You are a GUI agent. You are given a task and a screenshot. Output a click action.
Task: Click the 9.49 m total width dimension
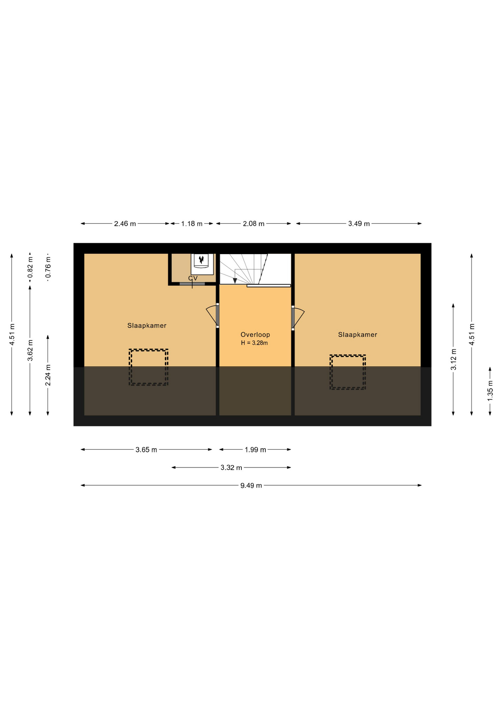pos(251,485)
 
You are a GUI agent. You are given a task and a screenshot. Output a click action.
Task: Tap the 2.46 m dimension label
pos(125,223)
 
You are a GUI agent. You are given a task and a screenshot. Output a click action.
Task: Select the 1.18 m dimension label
pos(191,223)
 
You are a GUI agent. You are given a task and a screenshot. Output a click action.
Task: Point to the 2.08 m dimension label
pos(254,223)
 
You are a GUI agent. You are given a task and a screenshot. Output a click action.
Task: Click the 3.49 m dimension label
pos(359,223)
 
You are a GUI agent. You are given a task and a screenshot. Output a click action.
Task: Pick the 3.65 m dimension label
pos(146,449)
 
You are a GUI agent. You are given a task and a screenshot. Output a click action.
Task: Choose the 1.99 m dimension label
pos(255,449)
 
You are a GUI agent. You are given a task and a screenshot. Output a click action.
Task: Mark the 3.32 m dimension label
pos(231,467)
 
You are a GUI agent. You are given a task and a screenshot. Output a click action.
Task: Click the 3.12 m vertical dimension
pos(454,359)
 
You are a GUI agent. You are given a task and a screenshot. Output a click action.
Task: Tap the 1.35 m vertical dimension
pos(490,391)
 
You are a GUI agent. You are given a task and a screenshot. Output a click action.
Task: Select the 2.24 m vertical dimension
pos(48,375)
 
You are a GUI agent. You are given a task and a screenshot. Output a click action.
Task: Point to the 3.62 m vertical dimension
pos(30,350)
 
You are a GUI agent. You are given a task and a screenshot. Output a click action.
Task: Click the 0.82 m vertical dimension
pos(30,267)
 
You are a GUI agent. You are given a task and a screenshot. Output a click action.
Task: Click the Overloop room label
pos(255,335)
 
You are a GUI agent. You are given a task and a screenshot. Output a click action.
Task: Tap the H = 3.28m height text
pos(254,343)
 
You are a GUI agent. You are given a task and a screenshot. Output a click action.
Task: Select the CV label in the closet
pos(193,278)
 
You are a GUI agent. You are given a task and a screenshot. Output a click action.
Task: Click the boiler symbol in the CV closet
pos(202,264)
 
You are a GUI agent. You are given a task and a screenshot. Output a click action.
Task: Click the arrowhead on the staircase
pos(235,281)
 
